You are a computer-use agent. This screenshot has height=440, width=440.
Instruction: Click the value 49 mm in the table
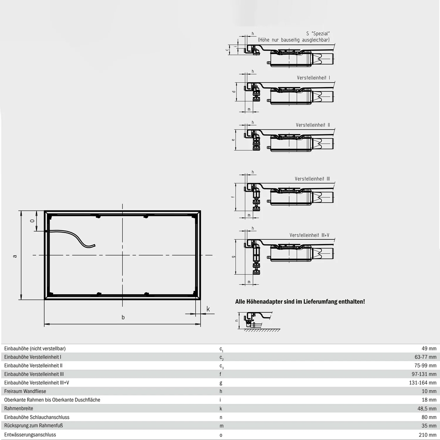pyautogui.click(x=429, y=348)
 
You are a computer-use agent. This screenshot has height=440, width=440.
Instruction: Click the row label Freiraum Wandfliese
pyautogui.click(x=25, y=391)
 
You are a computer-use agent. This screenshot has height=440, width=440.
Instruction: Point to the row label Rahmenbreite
pyautogui.click(x=19, y=408)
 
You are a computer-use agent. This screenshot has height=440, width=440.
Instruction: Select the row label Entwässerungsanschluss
pyautogui.click(x=30, y=434)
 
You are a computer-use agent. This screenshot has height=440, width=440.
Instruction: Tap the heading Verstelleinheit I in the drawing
pyautogui.click(x=313, y=78)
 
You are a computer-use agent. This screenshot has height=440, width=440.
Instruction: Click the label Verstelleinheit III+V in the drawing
pyautogui.click(x=309, y=235)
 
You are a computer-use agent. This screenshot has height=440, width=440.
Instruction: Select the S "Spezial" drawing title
pyautogui.click(x=318, y=34)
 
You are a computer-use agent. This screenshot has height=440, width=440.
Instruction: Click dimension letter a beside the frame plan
pyautogui.click(x=15, y=256)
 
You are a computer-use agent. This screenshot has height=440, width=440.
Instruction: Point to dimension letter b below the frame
pyautogui.click(x=123, y=317)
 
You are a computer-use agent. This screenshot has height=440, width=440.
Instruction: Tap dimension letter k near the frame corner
pyautogui.click(x=208, y=309)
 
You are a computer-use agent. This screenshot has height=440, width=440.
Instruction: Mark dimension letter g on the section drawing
pyautogui.click(x=233, y=257)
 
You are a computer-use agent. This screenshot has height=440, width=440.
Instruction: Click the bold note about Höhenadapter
pyautogui.click(x=300, y=302)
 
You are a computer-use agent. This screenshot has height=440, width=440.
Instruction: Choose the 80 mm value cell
pyautogui.click(x=429, y=417)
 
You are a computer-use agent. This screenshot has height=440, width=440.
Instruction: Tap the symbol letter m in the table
pyautogui.click(x=221, y=426)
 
